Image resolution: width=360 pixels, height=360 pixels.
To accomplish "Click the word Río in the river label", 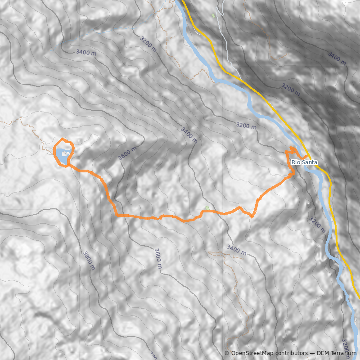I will click(x=296, y=162).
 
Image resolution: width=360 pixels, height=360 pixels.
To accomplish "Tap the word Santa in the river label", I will click(x=310, y=162).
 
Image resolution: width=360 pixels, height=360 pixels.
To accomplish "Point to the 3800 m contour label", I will click(x=89, y=260).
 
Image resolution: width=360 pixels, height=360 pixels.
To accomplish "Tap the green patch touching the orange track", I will click(x=207, y=208).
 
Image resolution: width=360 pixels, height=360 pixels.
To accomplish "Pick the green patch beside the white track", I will click(x=213, y=16).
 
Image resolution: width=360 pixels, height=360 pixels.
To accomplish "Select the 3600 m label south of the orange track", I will click(x=157, y=258).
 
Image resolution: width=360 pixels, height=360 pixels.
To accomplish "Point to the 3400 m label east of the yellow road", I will click(x=337, y=57).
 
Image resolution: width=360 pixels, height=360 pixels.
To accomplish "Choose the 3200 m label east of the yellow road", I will click(x=290, y=88).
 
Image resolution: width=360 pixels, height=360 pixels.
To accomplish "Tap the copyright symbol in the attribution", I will click(x=227, y=353).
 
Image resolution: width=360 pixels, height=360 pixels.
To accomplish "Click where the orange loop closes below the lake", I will click(x=68, y=166).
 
